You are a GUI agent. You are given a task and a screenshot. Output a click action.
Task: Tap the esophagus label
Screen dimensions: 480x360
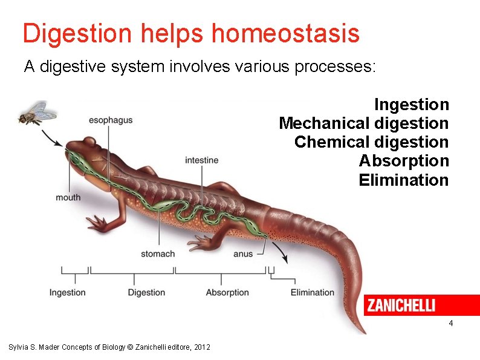pyautogui.click(x=111, y=120)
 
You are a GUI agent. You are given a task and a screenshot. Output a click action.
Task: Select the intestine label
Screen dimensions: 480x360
pyautogui.click(x=202, y=160)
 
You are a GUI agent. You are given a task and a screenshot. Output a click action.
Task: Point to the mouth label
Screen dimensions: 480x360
pyautogui.click(x=68, y=197)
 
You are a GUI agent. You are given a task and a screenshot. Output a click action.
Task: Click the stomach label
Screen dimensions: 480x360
pyautogui.click(x=158, y=254)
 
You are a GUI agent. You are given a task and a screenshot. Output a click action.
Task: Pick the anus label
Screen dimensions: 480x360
pyautogui.click(x=243, y=254)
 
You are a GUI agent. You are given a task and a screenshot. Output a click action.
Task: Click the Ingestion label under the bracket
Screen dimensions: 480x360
pyautogui.click(x=68, y=292)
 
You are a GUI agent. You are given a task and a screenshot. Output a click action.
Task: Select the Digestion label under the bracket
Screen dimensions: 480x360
pyautogui.click(x=146, y=292)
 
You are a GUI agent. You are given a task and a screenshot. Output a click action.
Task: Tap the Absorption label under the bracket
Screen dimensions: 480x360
pyautogui.click(x=227, y=292)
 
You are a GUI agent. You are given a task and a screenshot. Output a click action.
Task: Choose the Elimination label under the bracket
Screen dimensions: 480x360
pyautogui.click(x=313, y=292)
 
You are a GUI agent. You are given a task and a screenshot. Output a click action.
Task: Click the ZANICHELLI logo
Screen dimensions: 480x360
pyautogui.click(x=401, y=306)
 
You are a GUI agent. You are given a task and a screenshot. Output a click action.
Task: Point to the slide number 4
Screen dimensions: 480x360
pyautogui.click(x=451, y=324)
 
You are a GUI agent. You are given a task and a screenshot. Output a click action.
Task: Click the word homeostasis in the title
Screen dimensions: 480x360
pyautogui.click(x=285, y=34)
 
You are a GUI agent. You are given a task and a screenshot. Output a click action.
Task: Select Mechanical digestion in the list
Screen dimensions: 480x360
pyautogui.click(x=363, y=123)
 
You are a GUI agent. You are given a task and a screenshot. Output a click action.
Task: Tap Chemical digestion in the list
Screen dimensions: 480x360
pyautogui.click(x=371, y=142)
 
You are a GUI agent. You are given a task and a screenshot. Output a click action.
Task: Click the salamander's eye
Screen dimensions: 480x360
pyautogui.click(x=89, y=142)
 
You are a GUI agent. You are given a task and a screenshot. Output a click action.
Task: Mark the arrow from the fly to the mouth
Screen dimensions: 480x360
pyautogui.click(x=53, y=137)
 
